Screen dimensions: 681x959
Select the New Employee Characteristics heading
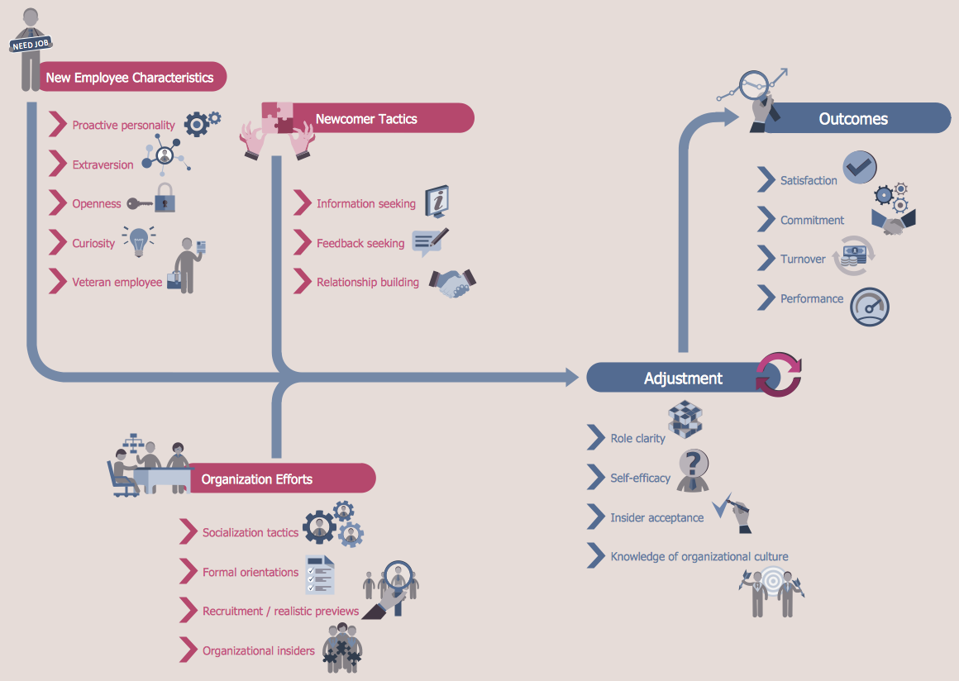130,78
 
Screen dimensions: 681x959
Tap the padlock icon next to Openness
165,198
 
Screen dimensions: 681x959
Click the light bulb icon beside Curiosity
139,240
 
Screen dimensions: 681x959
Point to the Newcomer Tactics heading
366,118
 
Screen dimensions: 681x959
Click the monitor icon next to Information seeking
437,201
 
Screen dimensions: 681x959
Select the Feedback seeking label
360,243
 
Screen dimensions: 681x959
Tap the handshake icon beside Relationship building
454,283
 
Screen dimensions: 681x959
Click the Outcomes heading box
853,118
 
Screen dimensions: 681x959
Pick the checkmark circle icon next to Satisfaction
860,167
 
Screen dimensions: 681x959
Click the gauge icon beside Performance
869,307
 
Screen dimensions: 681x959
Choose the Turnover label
803,260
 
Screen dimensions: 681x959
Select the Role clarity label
637,438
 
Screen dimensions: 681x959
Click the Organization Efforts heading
257,479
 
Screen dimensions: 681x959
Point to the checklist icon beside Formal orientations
320,574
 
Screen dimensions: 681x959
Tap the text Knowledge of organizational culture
699,556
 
